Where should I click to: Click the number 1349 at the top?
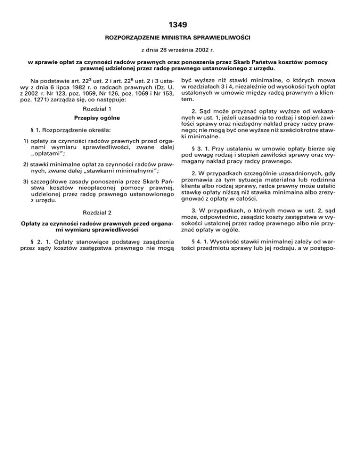tap(180, 22)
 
